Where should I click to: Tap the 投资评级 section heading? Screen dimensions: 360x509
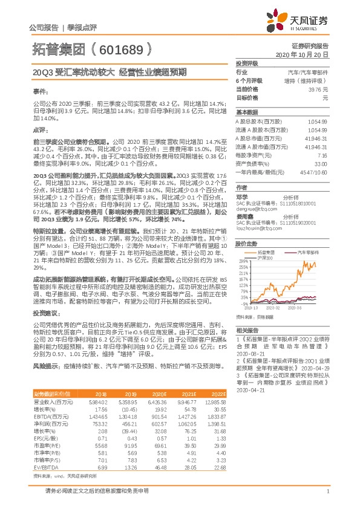pyautogui.click(x=247, y=63)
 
